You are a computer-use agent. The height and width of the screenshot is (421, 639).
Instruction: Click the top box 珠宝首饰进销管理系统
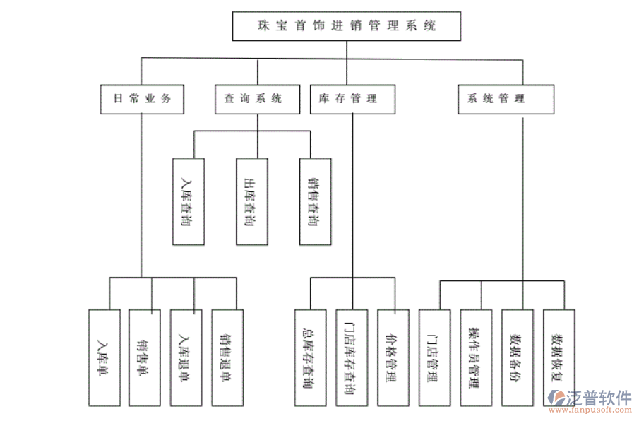pyautogui.click(x=347, y=27)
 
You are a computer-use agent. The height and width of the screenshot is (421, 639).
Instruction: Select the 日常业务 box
pyautogui.click(x=141, y=99)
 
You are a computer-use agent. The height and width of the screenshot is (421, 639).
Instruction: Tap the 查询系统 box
pyautogui.click(x=257, y=99)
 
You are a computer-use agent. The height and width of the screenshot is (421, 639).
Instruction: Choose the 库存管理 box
pyautogui.click(x=352, y=99)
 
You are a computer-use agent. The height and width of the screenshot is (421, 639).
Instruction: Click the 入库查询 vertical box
pyautogui.click(x=189, y=201)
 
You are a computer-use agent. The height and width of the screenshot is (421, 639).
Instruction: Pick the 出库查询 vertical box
pyautogui.click(x=252, y=201)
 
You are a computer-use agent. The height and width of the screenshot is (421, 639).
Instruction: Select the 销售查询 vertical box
pyautogui.click(x=314, y=201)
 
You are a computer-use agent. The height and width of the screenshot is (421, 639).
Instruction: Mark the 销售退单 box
pyautogui.click(x=227, y=358)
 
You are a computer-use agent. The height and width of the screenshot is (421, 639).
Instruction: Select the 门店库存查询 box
pyautogui.click(x=352, y=358)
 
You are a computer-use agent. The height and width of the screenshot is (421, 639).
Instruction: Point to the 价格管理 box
pyautogui.click(x=393, y=358)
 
